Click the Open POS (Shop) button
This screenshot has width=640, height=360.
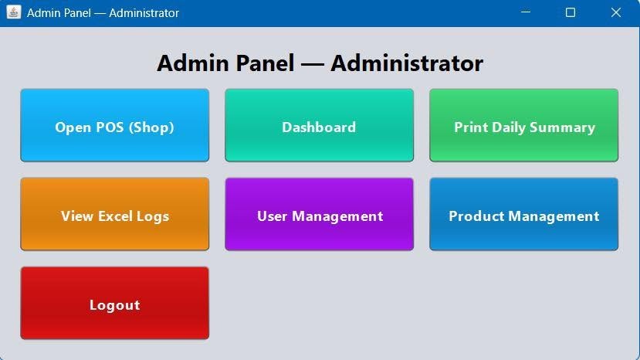tap(115, 125)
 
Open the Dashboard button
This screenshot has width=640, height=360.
tap(319, 125)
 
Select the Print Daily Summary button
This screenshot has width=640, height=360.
tap(523, 125)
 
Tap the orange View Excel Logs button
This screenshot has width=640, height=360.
tap(115, 214)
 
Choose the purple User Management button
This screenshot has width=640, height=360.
tap(319, 214)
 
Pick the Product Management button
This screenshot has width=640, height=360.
tap(523, 214)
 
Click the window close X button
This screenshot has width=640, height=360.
tap(616, 12)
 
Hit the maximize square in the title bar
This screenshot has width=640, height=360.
tap(571, 12)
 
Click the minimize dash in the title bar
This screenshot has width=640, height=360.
tap(526, 12)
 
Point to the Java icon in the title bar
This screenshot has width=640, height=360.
tap(13, 12)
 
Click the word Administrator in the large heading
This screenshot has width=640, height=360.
tap(407, 63)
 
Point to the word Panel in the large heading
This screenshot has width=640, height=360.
tap(265, 63)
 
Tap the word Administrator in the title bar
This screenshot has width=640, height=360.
tap(144, 13)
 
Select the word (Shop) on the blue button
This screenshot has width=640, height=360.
tap(151, 127)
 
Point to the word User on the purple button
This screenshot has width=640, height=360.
tap(273, 216)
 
